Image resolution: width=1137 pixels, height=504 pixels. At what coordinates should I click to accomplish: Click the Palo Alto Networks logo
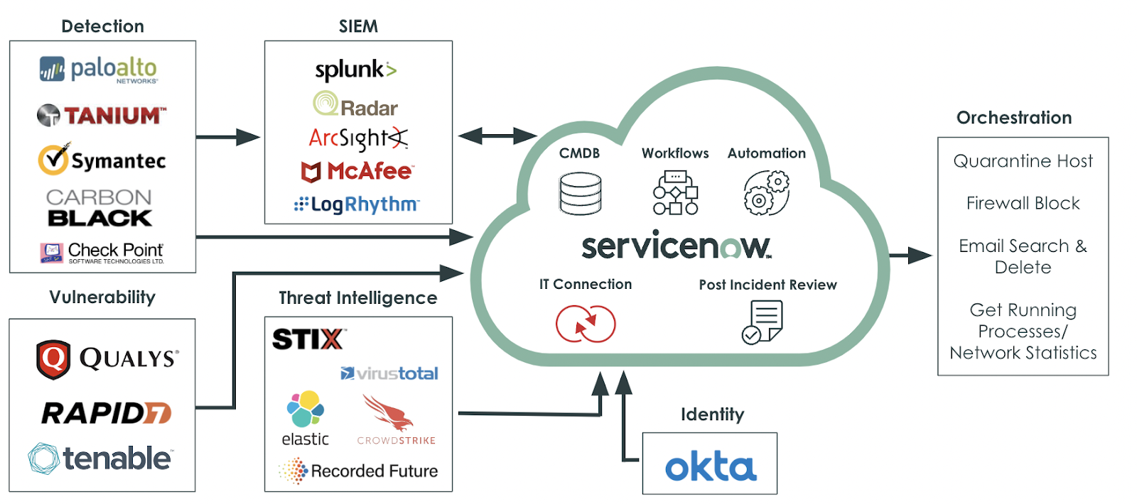coord(99,70)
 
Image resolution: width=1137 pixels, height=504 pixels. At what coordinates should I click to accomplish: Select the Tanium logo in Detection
coord(102,115)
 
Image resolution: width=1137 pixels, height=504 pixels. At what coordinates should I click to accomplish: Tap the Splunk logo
coord(355,70)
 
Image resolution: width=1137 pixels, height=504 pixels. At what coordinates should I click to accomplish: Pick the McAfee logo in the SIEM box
coord(357,171)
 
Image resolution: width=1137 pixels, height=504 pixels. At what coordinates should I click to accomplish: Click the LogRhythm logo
coord(357,204)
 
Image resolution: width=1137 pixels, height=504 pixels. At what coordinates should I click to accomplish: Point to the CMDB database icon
coord(580,193)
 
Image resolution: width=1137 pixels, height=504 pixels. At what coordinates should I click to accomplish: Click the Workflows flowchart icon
coord(675,192)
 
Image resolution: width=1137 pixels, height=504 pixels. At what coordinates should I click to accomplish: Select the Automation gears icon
coord(766,193)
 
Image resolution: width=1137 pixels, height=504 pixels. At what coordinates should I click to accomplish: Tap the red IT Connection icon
coord(586,324)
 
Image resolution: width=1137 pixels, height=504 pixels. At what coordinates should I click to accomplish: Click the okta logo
coord(710,466)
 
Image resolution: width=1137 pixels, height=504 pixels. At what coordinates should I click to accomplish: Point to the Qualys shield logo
coord(53,359)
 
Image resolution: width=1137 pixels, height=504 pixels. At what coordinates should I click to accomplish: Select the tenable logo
coord(100,459)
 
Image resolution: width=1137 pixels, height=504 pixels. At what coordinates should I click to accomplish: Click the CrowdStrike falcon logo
coord(389,413)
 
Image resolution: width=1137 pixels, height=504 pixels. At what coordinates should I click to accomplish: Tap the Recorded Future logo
coord(358,471)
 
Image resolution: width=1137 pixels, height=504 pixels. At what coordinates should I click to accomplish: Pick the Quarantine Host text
coord(1023,161)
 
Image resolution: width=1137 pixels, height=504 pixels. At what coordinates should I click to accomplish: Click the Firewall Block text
coord(1023,204)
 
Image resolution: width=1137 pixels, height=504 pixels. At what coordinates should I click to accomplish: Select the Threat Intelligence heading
coord(357,298)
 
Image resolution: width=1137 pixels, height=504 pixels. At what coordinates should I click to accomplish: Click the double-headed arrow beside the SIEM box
coord(497,136)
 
